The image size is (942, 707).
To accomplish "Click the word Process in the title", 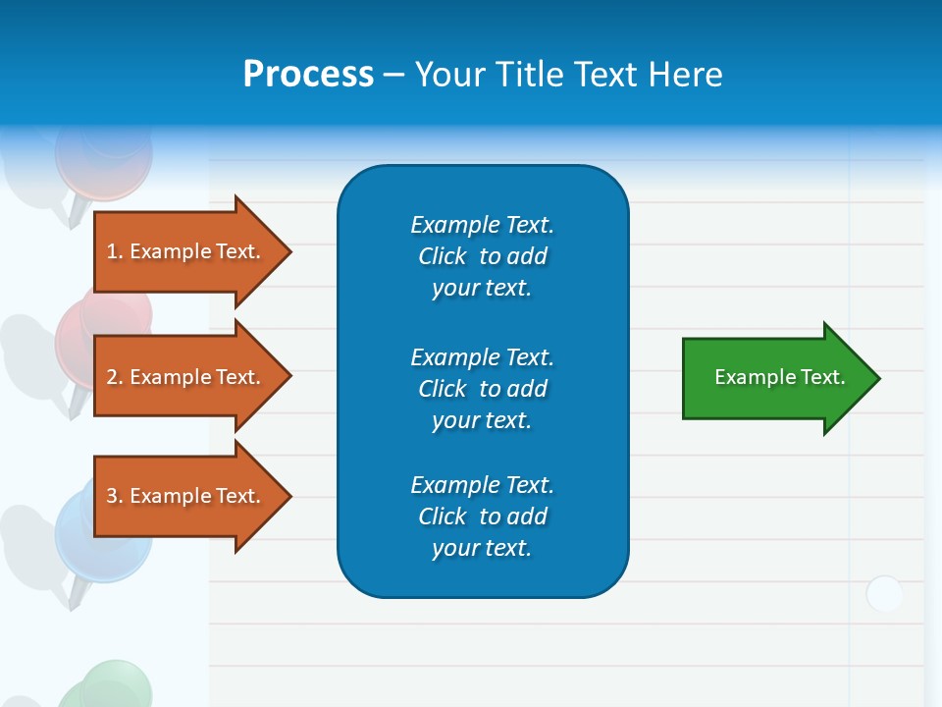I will (x=308, y=75).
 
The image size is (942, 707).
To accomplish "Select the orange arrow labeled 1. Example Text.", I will (x=186, y=251).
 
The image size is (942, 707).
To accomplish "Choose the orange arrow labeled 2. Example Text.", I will (x=186, y=377).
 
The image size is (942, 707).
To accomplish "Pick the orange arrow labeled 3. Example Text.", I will (x=186, y=496).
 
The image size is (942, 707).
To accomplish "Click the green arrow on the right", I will (x=775, y=378).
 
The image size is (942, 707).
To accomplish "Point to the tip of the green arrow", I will (x=877, y=378).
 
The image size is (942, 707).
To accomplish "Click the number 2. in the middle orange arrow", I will (x=114, y=377).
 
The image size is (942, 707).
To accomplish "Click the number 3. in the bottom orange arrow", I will (x=114, y=496).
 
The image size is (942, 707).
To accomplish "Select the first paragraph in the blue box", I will (x=482, y=256).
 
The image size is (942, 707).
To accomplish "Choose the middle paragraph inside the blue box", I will (x=482, y=388).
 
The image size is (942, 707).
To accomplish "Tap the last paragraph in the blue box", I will (x=482, y=517).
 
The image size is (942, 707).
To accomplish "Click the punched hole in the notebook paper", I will (x=885, y=594).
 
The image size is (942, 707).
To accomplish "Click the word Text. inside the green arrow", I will (x=822, y=377).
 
